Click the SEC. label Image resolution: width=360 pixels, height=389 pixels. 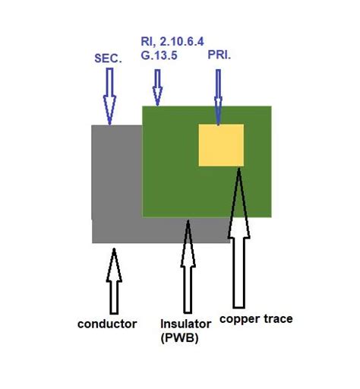(108, 59)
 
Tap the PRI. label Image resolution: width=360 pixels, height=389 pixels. (219, 55)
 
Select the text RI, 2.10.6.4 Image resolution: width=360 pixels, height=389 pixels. (172, 42)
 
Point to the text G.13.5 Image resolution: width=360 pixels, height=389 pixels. (159, 55)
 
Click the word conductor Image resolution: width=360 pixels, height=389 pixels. (107, 324)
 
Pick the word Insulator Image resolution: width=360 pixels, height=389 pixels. (186, 324)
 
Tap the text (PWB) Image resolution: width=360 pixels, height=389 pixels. (179, 338)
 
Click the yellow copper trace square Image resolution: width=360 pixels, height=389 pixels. (221, 145)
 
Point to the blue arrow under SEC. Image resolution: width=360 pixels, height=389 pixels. (109, 96)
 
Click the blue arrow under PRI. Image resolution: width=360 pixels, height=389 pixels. (218, 97)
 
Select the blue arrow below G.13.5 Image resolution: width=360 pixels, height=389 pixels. (157, 87)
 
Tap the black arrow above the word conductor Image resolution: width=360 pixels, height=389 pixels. (114, 281)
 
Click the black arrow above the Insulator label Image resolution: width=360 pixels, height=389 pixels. (188, 267)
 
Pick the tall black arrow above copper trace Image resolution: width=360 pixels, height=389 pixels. (239, 238)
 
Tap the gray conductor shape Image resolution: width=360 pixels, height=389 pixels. (117, 182)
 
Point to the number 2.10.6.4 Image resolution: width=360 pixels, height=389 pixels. (182, 42)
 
